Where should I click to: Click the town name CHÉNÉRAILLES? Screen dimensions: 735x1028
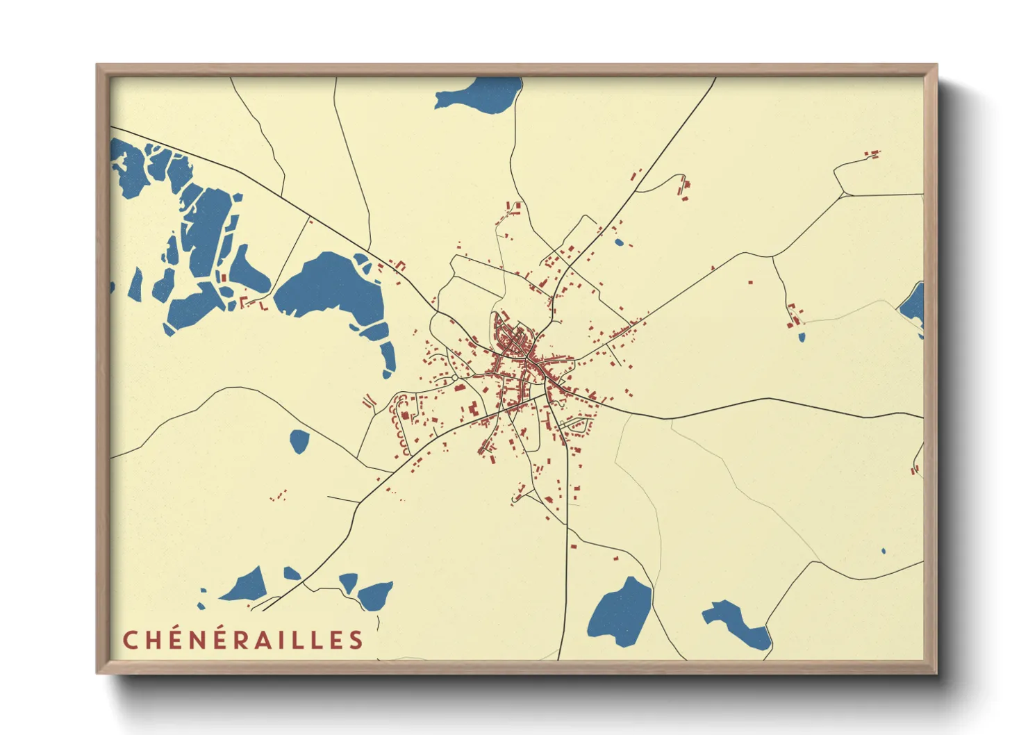pos(243,639)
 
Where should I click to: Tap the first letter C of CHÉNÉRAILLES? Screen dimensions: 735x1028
pos(130,639)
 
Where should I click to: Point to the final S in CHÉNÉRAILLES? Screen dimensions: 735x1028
pos(356,639)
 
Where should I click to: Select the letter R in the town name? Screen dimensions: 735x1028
pos(240,639)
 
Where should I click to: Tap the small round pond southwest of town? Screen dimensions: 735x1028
pos(299,440)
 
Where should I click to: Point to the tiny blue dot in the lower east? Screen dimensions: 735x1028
pos(884,552)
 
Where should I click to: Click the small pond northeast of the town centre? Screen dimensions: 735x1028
pos(618,242)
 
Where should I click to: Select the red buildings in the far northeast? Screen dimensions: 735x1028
pos(872,154)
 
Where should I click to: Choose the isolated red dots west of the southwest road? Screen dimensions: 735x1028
pos(279,496)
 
